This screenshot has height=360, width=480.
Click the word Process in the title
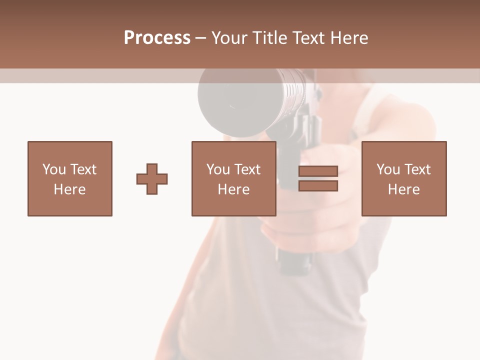click(x=157, y=38)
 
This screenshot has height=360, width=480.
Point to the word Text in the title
click(x=311, y=38)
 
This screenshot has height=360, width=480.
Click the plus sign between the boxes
click(x=152, y=179)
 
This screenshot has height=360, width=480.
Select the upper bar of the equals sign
click(x=318, y=171)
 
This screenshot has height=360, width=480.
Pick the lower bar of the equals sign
click(x=318, y=186)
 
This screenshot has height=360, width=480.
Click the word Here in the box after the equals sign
click(x=404, y=189)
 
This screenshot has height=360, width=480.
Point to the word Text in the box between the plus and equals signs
click(x=248, y=169)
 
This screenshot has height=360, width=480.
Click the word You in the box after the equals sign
click(x=388, y=169)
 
